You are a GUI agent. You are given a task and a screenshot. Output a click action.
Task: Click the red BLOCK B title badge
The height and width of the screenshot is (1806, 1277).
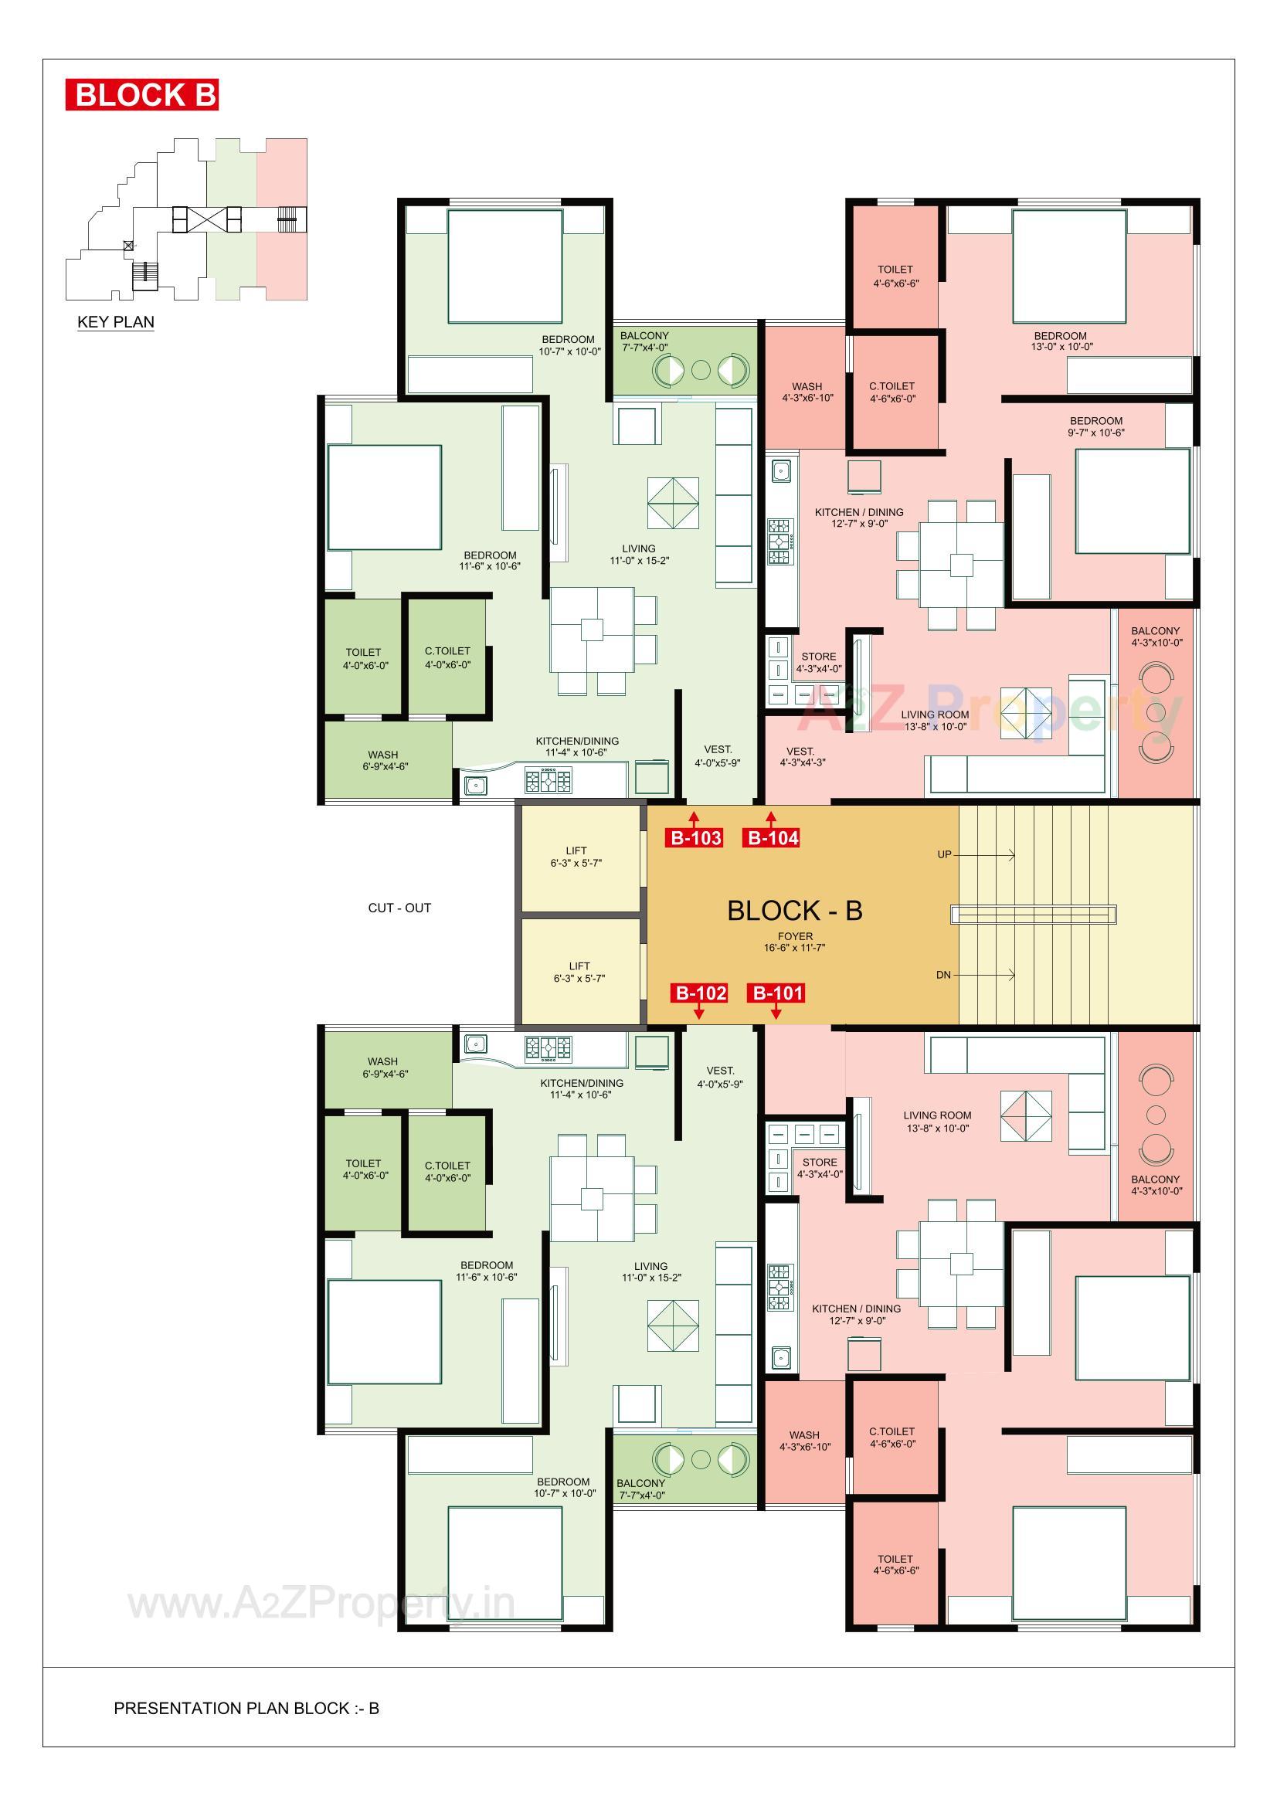click(x=141, y=94)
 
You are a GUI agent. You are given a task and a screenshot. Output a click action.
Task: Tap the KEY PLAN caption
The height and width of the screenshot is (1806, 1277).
click(x=116, y=321)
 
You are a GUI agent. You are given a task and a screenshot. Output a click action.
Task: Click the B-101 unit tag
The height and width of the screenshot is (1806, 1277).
click(x=777, y=993)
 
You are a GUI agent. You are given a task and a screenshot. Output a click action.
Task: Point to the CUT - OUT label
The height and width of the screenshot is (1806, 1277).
click(x=399, y=908)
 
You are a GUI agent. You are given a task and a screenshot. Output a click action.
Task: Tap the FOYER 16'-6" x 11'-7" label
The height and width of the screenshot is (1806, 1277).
click(x=795, y=942)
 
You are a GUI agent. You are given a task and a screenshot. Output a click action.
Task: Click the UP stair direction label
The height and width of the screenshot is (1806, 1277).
click(x=944, y=854)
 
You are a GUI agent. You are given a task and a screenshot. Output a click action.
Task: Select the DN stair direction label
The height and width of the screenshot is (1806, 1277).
click(x=943, y=975)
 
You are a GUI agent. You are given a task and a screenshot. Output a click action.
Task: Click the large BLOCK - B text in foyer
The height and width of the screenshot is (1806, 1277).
click(x=795, y=911)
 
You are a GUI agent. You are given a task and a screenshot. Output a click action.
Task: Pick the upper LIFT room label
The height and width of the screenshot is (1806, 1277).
click(x=576, y=857)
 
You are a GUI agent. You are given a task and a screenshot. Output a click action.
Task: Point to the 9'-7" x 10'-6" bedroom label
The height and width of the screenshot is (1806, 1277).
click(x=1096, y=426)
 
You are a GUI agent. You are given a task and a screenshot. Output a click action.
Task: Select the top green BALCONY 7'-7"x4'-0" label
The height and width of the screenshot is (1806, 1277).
click(x=644, y=341)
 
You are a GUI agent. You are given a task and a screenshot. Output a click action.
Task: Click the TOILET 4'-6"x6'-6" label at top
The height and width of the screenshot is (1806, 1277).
click(x=895, y=276)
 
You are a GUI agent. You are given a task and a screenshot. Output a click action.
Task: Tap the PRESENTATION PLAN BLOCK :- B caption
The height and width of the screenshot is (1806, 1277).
click(x=246, y=1708)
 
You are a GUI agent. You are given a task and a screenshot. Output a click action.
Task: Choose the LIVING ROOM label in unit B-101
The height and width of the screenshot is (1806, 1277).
click(x=937, y=1121)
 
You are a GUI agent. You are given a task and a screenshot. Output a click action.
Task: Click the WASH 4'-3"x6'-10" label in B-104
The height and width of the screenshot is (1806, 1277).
click(x=807, y=392)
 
